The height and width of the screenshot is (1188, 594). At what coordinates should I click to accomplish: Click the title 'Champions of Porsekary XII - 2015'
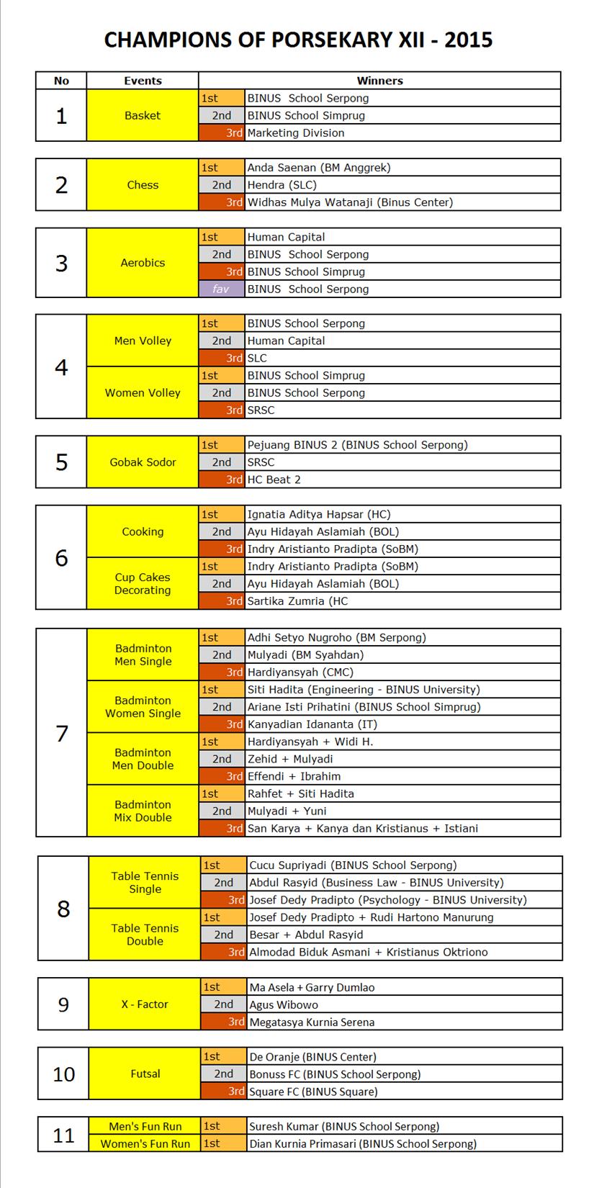297,39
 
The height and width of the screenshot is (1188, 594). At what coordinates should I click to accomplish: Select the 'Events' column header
143,81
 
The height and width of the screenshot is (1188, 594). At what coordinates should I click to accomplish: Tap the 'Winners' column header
379,81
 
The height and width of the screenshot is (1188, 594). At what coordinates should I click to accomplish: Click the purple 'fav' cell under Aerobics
221,289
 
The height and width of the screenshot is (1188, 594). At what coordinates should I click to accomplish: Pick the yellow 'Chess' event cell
143,185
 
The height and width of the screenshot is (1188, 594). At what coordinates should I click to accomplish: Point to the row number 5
61,462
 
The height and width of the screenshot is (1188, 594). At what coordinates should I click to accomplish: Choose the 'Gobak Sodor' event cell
143,462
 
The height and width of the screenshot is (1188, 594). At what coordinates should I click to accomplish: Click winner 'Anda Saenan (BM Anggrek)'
318,168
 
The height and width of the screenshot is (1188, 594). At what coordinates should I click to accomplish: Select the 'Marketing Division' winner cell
296,132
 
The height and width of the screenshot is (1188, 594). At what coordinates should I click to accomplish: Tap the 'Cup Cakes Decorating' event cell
143,584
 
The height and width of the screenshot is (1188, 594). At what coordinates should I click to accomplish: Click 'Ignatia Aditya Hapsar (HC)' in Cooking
318,514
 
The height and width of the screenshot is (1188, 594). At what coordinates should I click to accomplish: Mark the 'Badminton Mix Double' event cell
143,811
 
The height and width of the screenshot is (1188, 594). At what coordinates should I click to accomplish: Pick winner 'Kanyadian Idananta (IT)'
312,724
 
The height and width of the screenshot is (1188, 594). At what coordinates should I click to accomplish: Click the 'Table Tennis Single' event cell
145,883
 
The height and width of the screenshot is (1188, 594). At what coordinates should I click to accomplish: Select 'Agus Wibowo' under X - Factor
284,1004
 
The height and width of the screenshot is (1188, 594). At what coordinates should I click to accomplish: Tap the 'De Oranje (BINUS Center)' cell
312,1057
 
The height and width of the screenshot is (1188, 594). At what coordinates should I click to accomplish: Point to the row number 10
63,1074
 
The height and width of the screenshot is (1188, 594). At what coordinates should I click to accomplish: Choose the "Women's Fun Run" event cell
145,1143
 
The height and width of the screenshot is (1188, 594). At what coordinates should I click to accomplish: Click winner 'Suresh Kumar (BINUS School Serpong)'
343,1126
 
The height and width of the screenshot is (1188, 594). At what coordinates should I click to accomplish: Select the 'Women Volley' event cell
143,393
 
